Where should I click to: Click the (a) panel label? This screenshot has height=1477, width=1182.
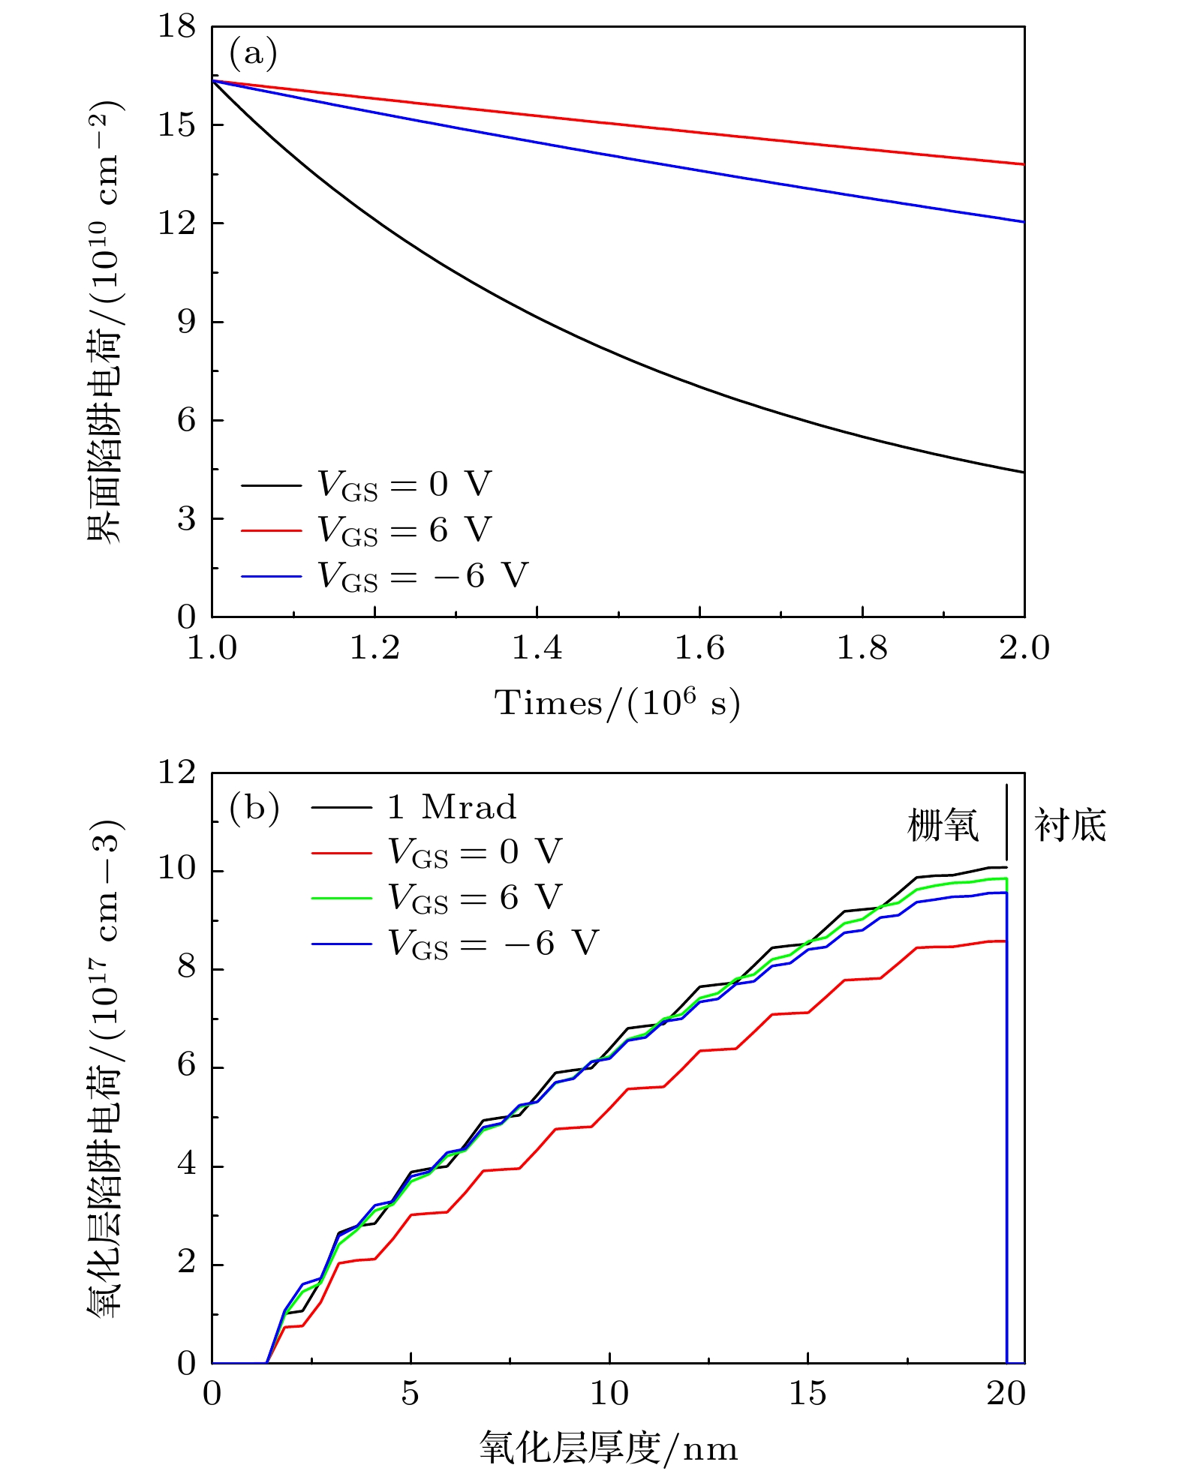pos(253,53)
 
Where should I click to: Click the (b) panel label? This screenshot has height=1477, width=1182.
pos(254,807)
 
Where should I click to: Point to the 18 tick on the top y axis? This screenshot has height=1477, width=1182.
pos(176,27)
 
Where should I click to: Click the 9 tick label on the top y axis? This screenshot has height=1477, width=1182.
pos(186,322)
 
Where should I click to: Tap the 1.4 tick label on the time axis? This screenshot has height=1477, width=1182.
pos(537,648)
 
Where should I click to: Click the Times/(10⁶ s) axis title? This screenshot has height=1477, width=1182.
pos(617,704)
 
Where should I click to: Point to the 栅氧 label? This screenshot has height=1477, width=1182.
pos(943,825)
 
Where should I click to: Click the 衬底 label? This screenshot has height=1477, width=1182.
pos(1070,825)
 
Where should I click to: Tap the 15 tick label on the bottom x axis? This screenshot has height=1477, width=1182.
pos(808,1394)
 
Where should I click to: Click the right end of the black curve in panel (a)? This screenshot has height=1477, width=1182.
pos(1023,472)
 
